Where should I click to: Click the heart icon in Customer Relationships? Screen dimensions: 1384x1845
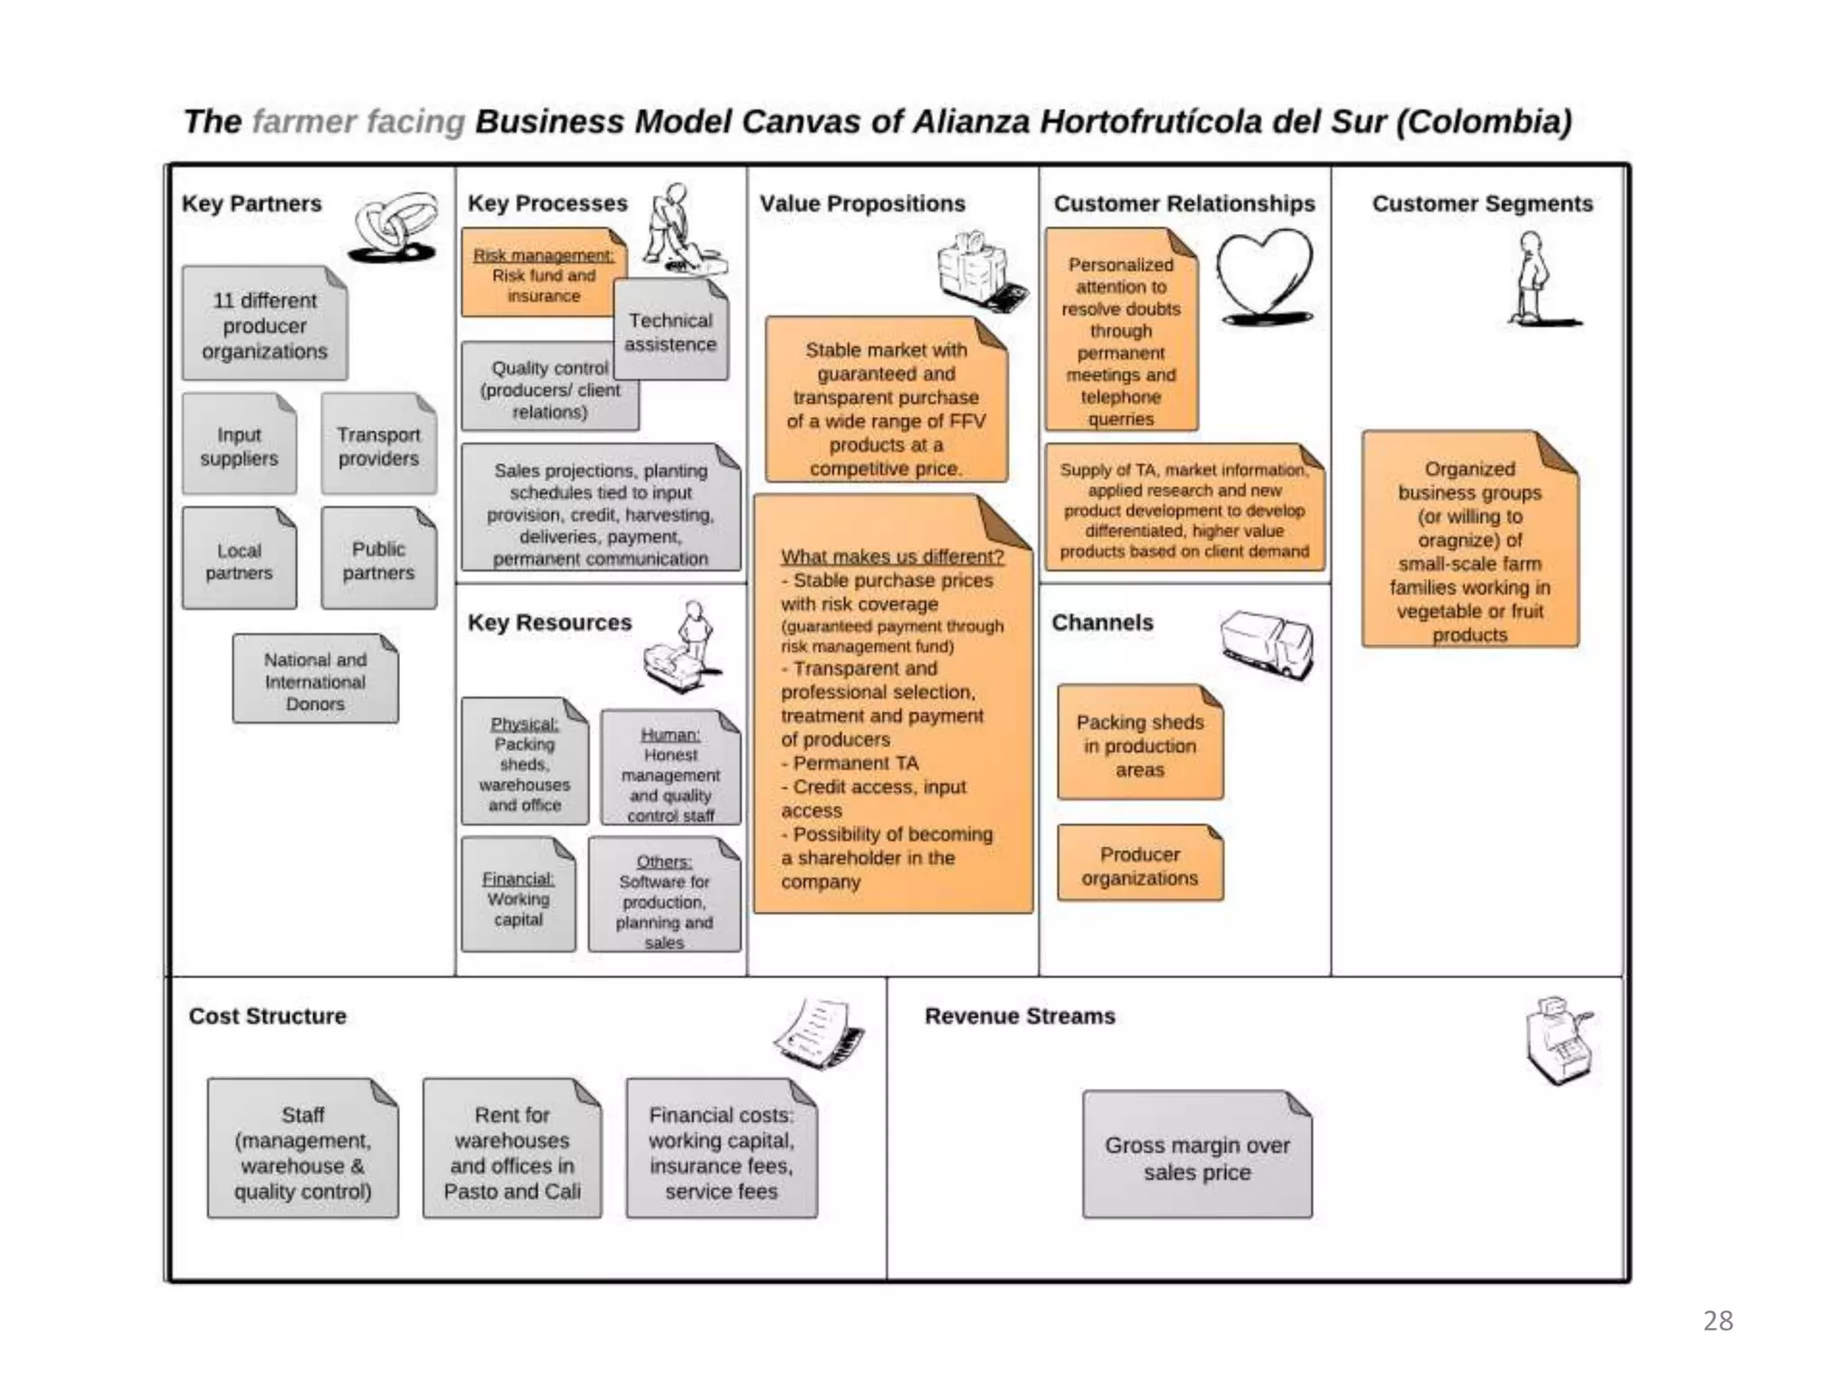click(1264, 275)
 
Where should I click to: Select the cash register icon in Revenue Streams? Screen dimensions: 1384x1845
click(1558, 1041)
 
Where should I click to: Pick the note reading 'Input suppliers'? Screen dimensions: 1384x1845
click(239, 446)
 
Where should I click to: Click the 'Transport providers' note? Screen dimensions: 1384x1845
click(378, 446)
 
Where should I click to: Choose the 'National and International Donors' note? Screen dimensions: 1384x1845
click(315, 681)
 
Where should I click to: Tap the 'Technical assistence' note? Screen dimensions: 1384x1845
click(670, 332)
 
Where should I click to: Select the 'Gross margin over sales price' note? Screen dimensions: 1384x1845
click(1196, 1158)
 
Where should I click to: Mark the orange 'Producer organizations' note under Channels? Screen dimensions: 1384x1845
click(1140, 865)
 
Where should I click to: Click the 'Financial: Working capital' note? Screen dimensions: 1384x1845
click(518, 897)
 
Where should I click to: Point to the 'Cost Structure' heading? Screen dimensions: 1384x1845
click(268, 1015)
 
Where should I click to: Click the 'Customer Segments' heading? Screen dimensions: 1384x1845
click(1482, 204)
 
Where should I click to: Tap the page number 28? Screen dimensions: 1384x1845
click(1718, 1321)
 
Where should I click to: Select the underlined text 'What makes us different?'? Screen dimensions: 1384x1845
click(892, 557)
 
